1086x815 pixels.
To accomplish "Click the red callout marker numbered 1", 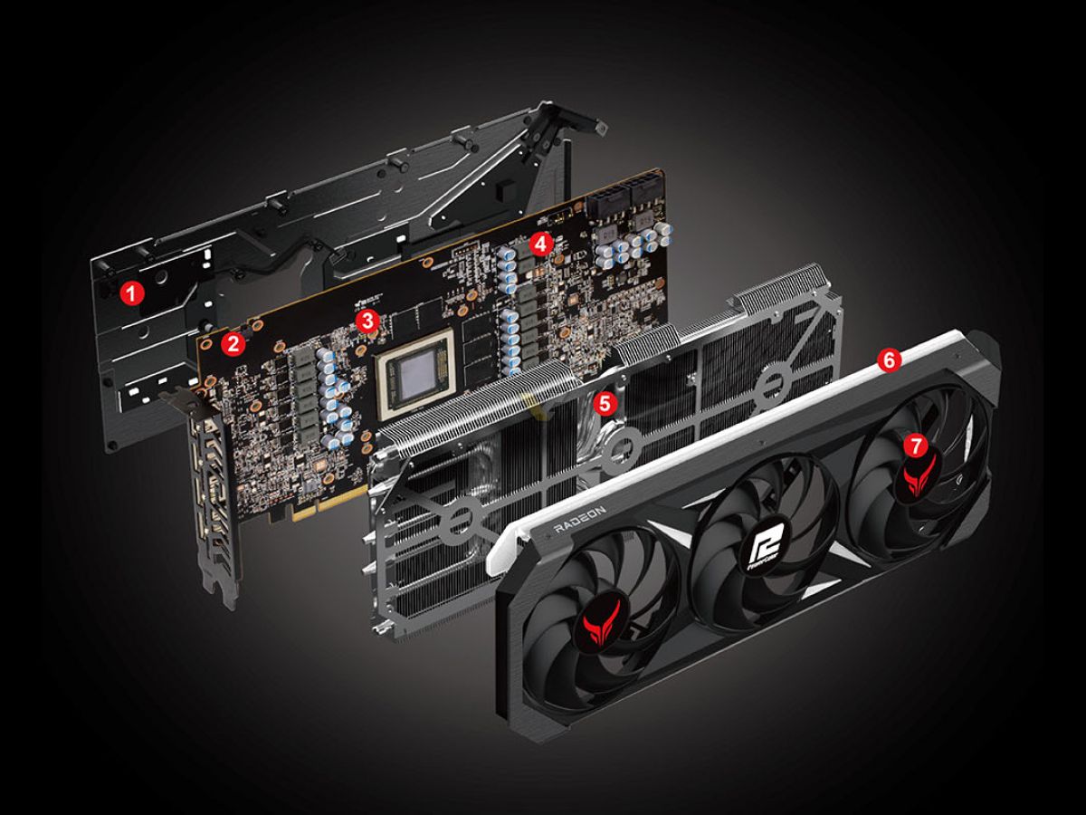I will click(133, 292).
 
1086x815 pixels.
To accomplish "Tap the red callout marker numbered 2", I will click(234, 343).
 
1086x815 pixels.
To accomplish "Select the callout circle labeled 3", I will click(367, 320).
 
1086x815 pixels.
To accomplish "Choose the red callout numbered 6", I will click(888, 360).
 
